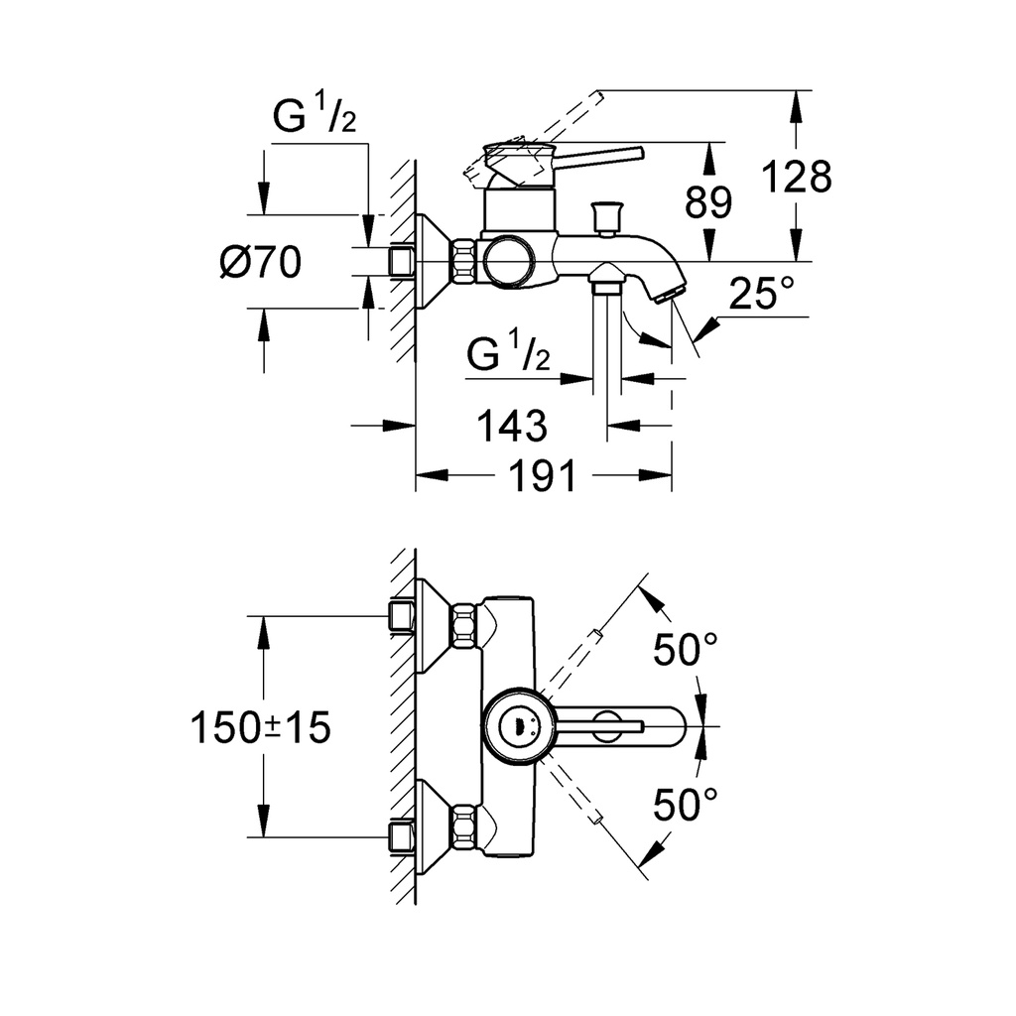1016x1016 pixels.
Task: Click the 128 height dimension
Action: point(797,177)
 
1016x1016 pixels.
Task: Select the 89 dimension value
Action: point(708,201)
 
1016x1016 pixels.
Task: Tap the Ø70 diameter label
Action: point(261,262)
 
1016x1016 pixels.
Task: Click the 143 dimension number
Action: point(512,426)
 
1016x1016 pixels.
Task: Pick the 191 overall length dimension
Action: point(543,476)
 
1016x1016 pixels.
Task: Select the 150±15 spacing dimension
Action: point(261,727)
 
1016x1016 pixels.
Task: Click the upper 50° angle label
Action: point(685,649)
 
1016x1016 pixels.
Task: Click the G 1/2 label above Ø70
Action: point(315,113)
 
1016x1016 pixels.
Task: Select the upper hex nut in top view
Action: point(464,625)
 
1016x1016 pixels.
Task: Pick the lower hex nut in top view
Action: point(464,826)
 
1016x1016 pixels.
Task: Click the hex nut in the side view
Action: point(464,261)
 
